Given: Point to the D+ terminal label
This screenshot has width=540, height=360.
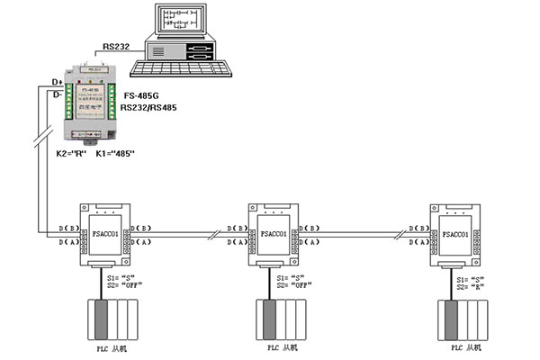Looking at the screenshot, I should [58, 81].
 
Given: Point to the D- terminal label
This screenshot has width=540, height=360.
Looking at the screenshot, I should [58, 94].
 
